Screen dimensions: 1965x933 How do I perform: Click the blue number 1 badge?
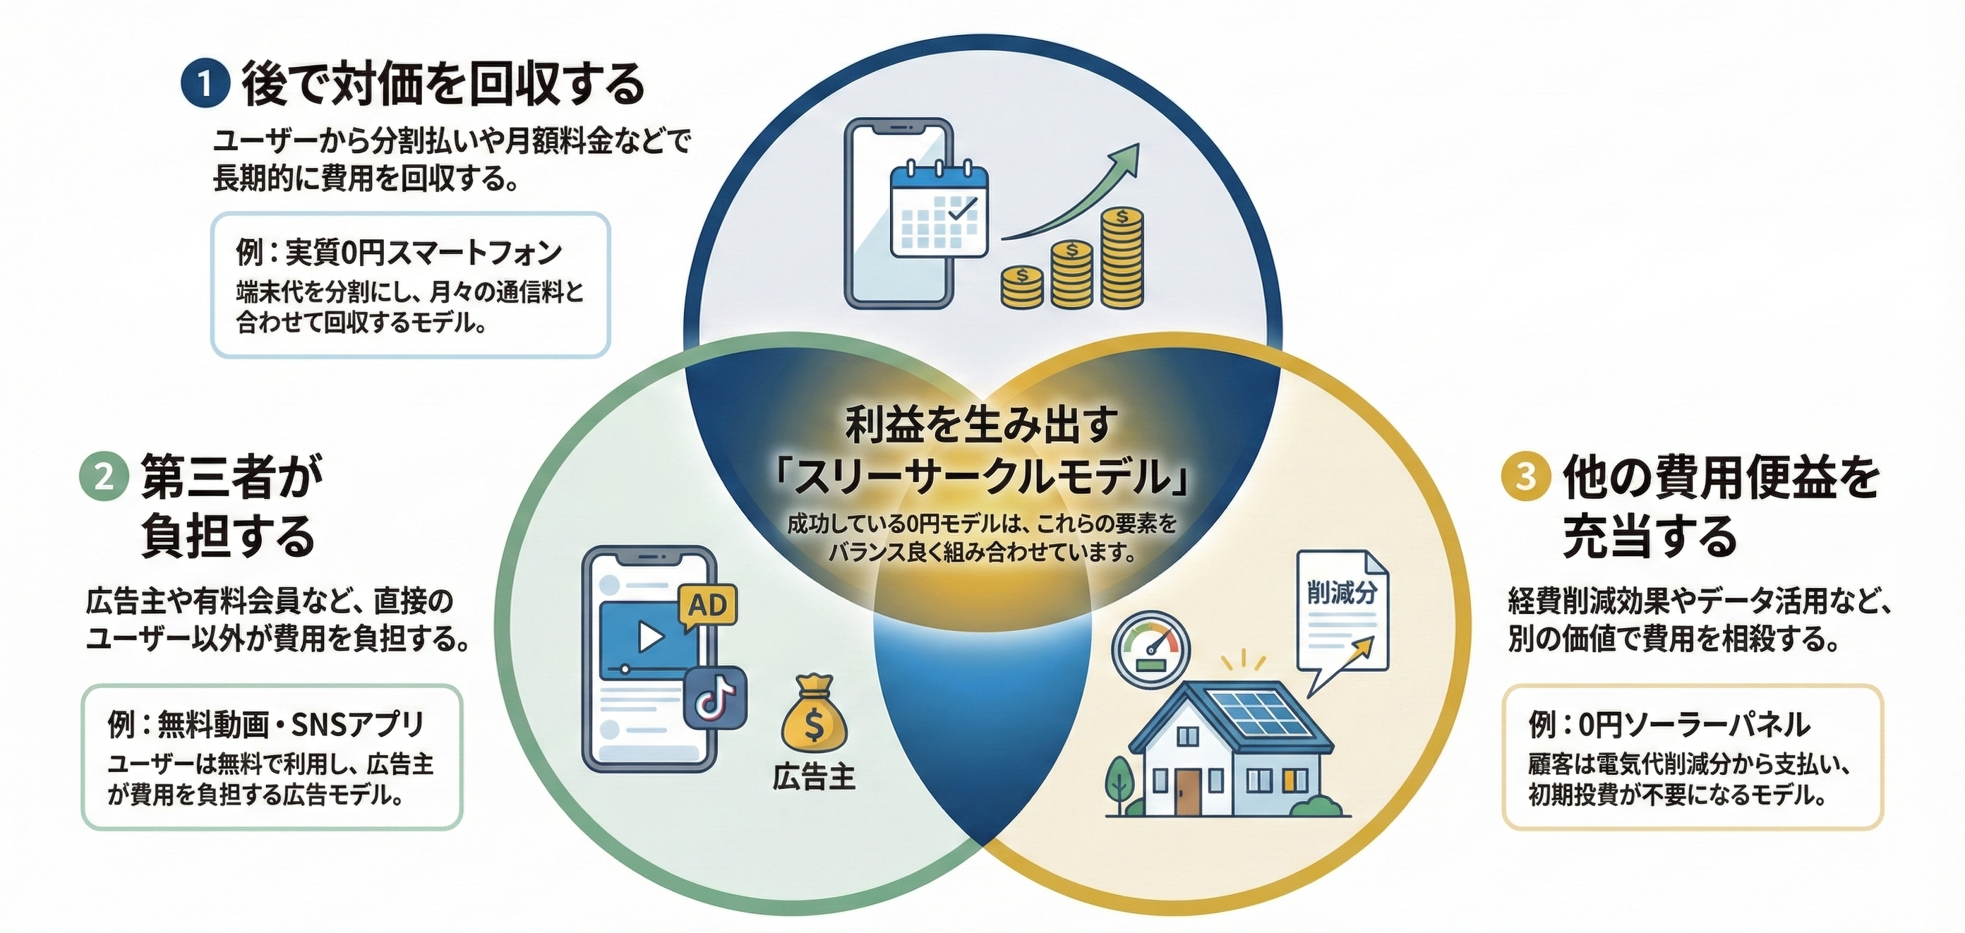205,84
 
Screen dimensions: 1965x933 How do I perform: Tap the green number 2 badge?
104,478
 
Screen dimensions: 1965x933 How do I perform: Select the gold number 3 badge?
1525,476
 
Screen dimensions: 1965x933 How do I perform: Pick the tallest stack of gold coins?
1122,257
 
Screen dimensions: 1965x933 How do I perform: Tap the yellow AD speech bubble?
707,607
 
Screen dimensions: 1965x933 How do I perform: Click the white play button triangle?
650,637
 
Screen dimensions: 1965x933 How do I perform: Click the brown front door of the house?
1187,790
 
